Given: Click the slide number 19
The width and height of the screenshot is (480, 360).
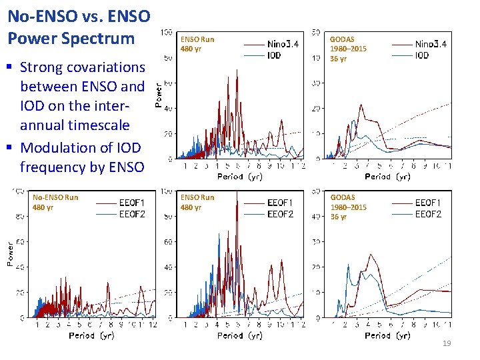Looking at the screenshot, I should [447, 343].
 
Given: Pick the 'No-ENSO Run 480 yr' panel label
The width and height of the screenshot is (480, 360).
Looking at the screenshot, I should [55, 202].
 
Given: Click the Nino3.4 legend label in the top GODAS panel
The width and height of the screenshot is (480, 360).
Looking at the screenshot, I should [431, 45].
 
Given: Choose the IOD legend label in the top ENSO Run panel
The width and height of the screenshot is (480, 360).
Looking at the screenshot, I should [274, 56].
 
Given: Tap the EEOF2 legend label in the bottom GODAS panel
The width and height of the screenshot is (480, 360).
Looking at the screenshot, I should [428, 214].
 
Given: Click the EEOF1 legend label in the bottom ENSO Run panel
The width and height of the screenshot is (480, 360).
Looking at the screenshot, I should [280, 203].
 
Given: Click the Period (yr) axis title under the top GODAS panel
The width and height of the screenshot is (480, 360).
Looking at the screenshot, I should [387, 177].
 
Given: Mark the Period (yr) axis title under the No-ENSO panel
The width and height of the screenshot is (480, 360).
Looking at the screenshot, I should [91, 335].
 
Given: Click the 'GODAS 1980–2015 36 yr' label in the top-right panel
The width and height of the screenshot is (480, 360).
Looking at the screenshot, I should [348, 49].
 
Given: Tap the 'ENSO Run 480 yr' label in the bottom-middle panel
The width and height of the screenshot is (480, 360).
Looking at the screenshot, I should [197, 202].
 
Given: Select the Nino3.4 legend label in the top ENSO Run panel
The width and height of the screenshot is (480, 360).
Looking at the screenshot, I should [283, 45].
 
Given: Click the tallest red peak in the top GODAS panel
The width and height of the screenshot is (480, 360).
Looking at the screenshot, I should [361, 105].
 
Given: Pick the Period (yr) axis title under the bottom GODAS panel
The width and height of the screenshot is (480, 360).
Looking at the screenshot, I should [387, 335].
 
